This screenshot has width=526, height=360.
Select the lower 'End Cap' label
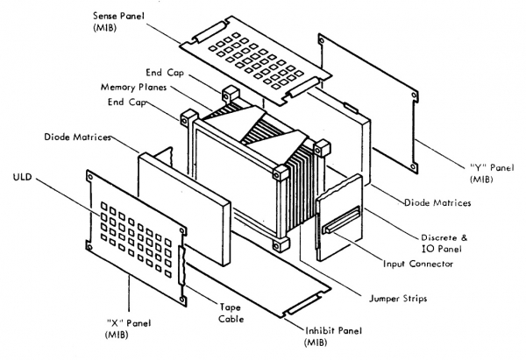click(x=127, y=104)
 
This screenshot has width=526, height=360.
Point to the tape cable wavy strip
click(x=183, y=272)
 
